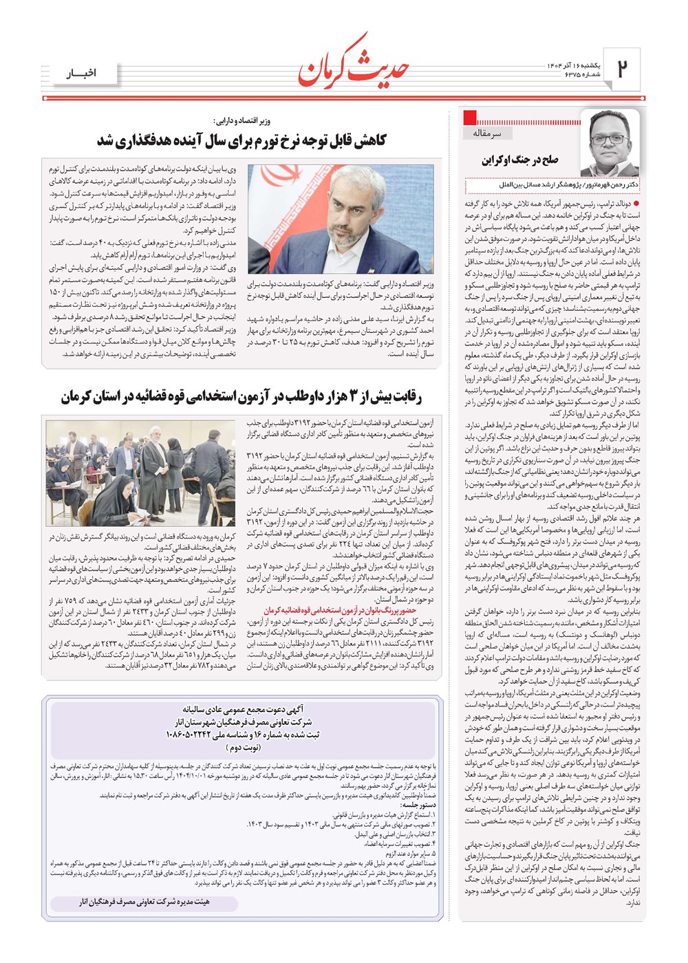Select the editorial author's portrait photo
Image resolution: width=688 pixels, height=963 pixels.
610,143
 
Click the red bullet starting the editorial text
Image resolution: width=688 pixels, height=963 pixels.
636,204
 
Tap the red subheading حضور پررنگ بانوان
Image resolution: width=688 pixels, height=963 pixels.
340,610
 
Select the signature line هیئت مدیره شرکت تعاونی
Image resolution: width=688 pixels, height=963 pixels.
144,901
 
